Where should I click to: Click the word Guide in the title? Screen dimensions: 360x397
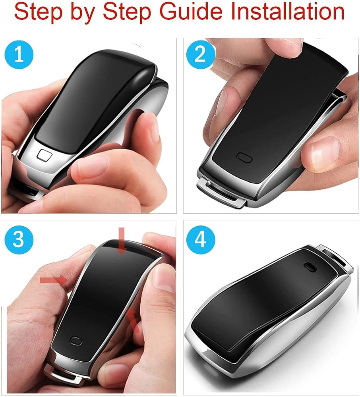[191, 12]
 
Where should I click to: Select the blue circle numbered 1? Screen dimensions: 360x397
[19, 54]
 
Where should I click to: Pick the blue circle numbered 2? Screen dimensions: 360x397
[200, 54]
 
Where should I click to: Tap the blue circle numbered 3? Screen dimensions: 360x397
[19, 239]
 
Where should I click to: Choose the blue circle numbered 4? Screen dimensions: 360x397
[200, 239]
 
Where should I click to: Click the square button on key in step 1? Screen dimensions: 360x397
[44, 154]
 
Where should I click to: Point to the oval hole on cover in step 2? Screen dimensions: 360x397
[244, 157]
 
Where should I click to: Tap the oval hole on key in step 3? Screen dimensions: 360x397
[75, 341]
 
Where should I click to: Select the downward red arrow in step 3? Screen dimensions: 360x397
[122, 241]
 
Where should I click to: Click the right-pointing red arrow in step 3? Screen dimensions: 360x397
[54, 280]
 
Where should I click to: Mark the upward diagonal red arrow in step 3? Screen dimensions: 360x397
[133, 320]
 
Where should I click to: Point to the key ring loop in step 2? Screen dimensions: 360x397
[221, 193]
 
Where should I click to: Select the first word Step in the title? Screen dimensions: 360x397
[38, 13]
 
